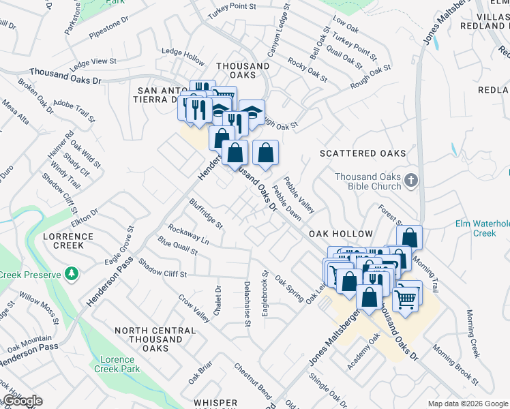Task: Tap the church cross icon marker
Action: [x=410, y=181]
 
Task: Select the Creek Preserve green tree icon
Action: [x=72, y=274]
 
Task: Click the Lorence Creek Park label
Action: [x=120, y=364]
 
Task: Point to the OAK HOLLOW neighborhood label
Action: [x=341, y=233]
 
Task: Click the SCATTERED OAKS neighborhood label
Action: [x=363, y=154]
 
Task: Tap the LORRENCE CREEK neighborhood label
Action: [x=68, y=241]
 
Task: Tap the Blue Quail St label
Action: [x=177, y=246]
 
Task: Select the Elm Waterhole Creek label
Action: [x=482, y=228]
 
